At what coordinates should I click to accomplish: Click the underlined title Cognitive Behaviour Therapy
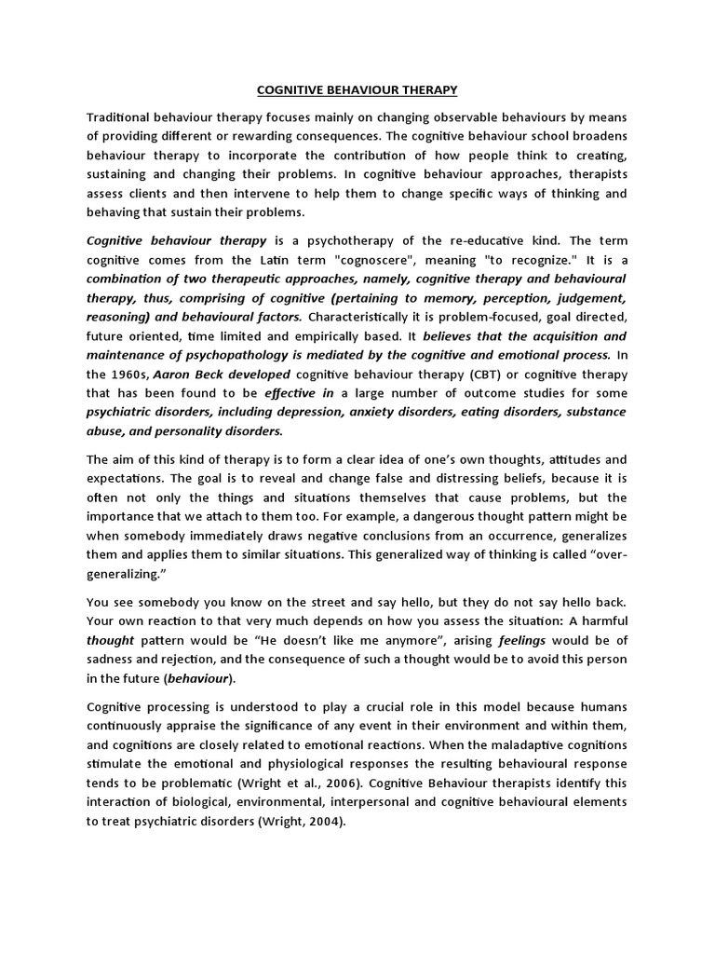357,90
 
